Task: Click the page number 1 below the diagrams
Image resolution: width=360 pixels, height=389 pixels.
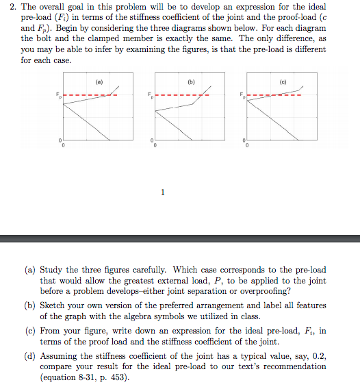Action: click(162, 192)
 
